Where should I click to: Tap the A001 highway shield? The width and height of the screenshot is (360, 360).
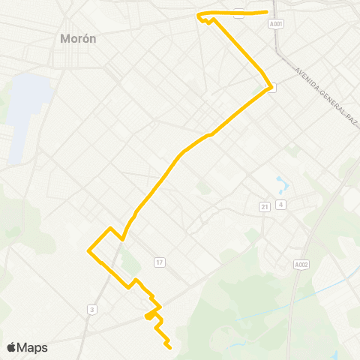coord(277,23)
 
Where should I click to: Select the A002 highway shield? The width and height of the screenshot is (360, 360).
coord(300,264)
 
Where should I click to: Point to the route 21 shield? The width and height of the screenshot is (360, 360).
coord(265,206)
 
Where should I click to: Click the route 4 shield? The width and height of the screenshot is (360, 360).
coord(280,205)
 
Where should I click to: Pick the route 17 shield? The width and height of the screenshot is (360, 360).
coord(159,262)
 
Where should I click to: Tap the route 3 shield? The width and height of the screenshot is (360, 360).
coord(91,309)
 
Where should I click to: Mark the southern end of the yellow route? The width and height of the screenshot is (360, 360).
coord(170,348)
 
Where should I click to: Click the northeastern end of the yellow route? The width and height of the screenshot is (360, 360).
coord(268,12)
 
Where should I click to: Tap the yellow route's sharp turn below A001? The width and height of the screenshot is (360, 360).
coord(270,85)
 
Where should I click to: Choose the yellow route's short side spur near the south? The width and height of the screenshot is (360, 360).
coord(147,318)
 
